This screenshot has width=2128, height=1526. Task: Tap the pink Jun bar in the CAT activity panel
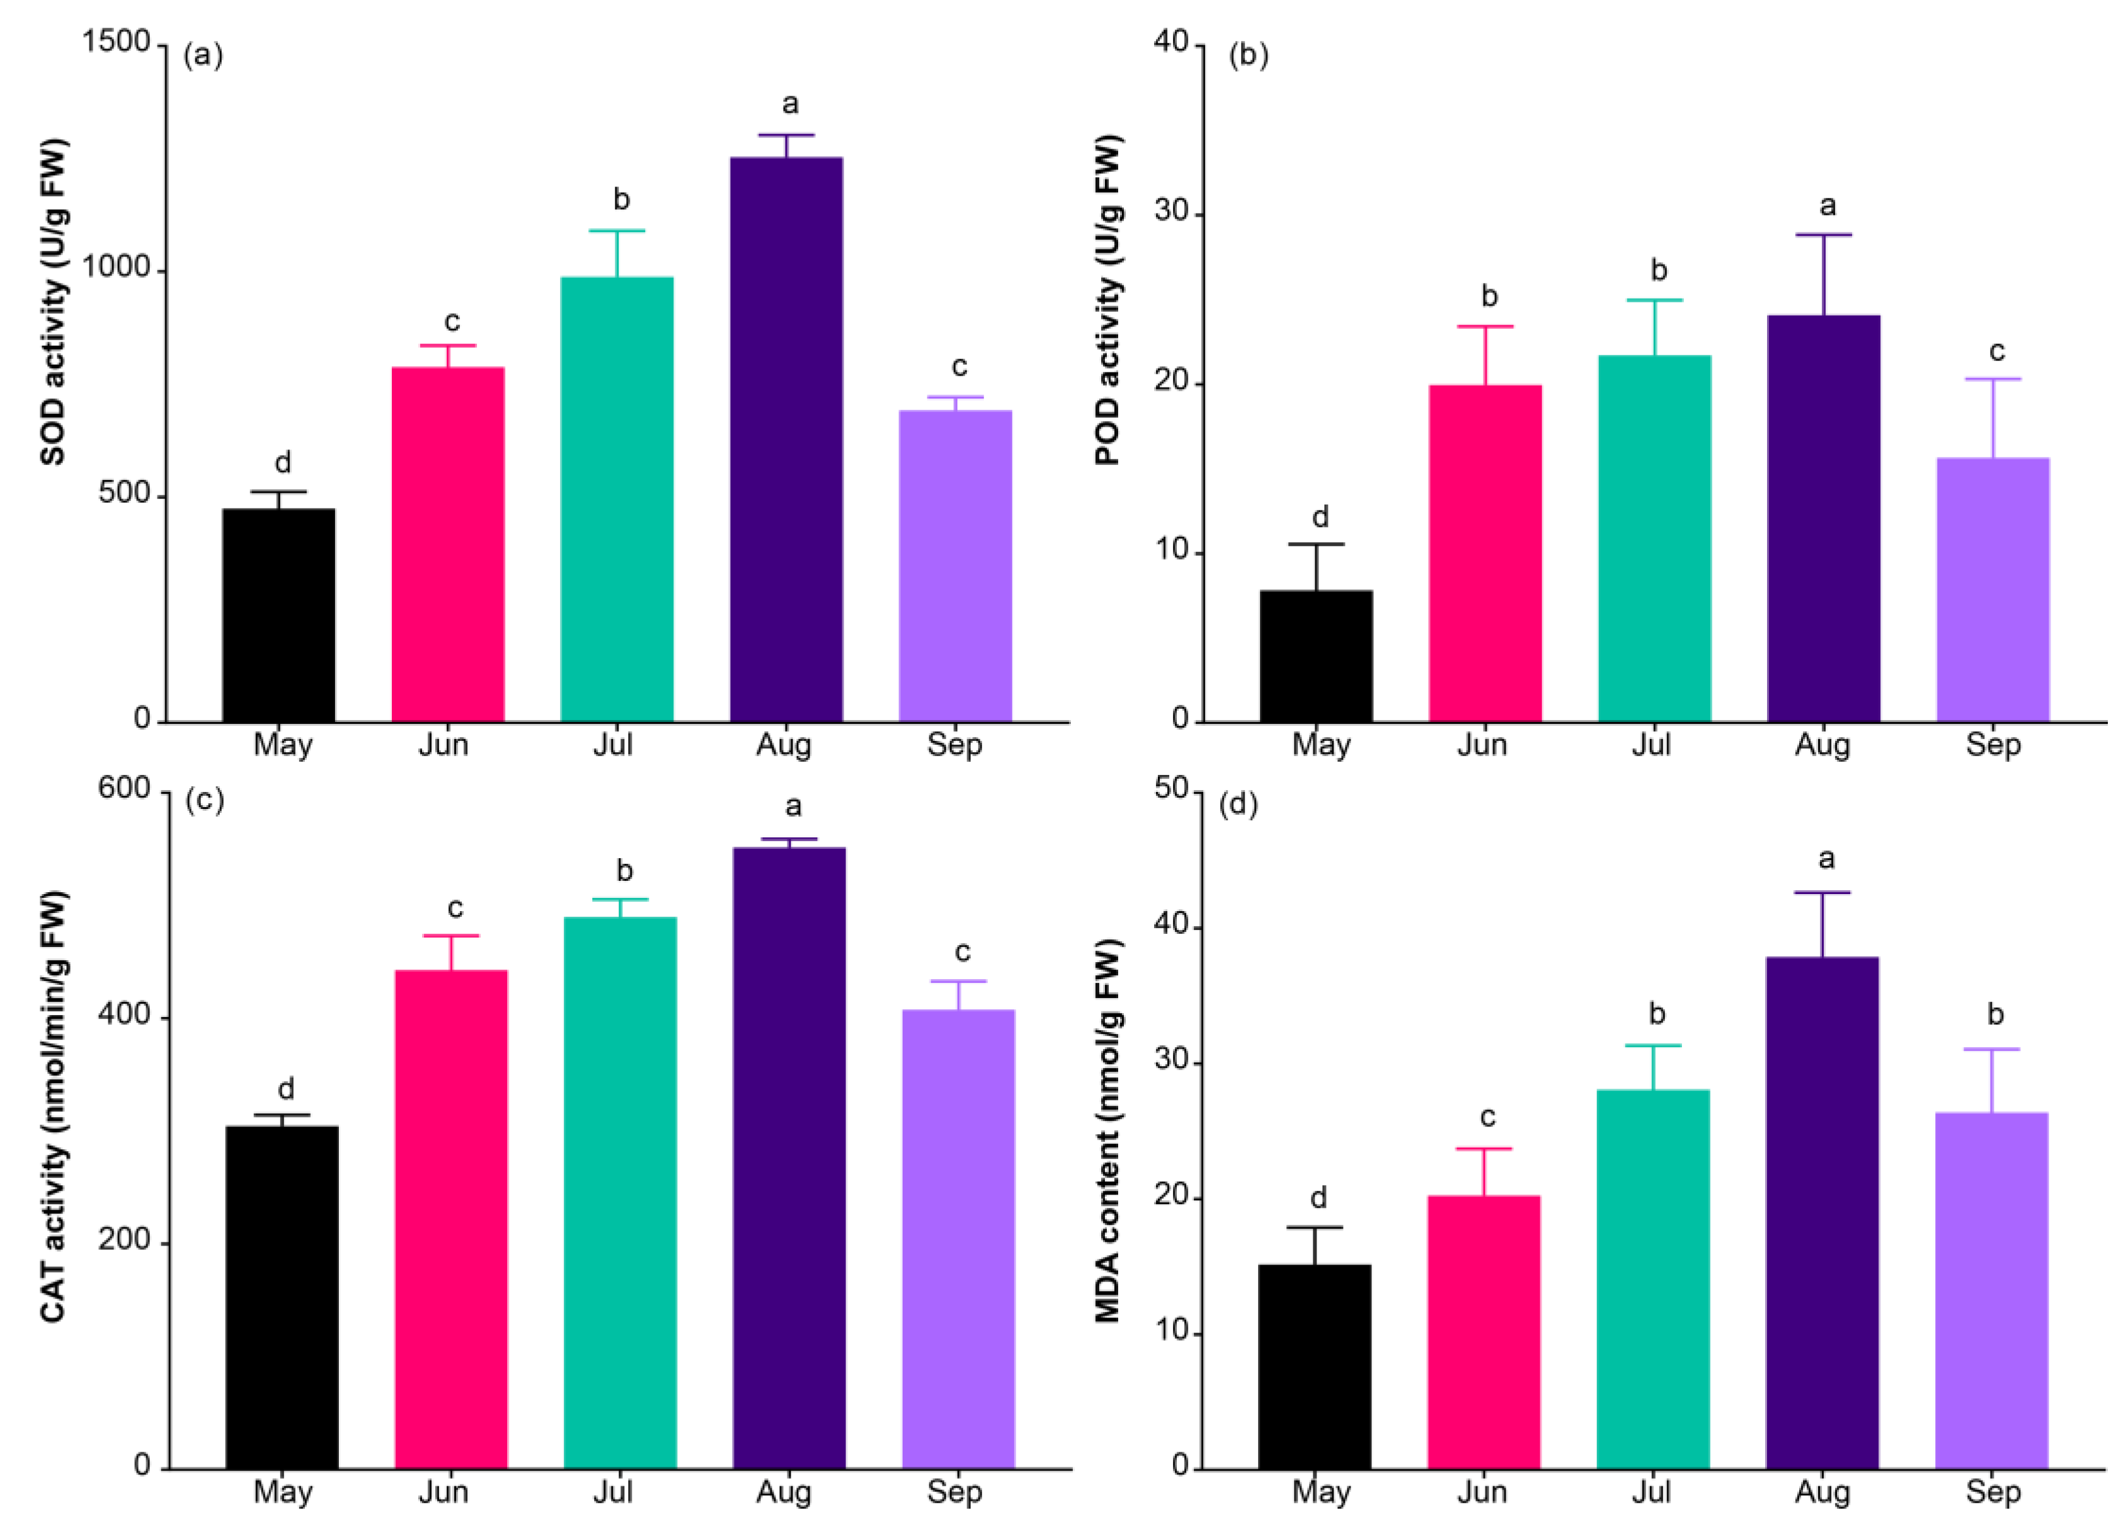coord(450,1220)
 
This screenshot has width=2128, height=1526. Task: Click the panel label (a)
coord(203,55)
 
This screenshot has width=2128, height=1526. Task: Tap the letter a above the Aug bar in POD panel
coord(1827,205)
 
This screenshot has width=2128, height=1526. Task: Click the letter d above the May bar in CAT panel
coord(285,1089)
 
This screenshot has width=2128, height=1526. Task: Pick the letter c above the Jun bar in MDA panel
coord(1487,1117)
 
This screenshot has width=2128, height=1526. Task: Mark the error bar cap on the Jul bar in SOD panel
coord(617,231)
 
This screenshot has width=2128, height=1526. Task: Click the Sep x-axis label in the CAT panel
coord(954,1492)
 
